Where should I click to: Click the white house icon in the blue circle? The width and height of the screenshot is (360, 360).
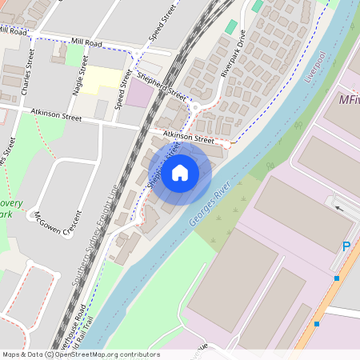(180, 172)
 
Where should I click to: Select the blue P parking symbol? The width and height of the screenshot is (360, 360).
(346, 247)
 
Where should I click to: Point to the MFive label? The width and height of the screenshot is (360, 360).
(349, 101)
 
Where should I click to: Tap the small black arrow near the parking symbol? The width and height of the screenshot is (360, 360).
(340, 209)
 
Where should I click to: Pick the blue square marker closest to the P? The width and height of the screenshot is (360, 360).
(337, 278)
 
